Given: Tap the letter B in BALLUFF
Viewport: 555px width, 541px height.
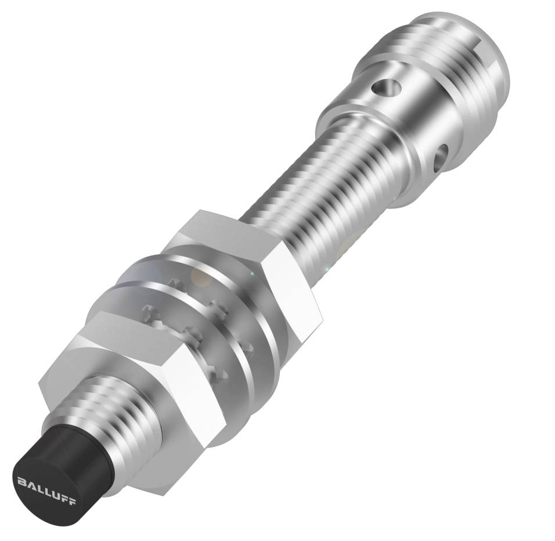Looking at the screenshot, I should click(x=20, y=480).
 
